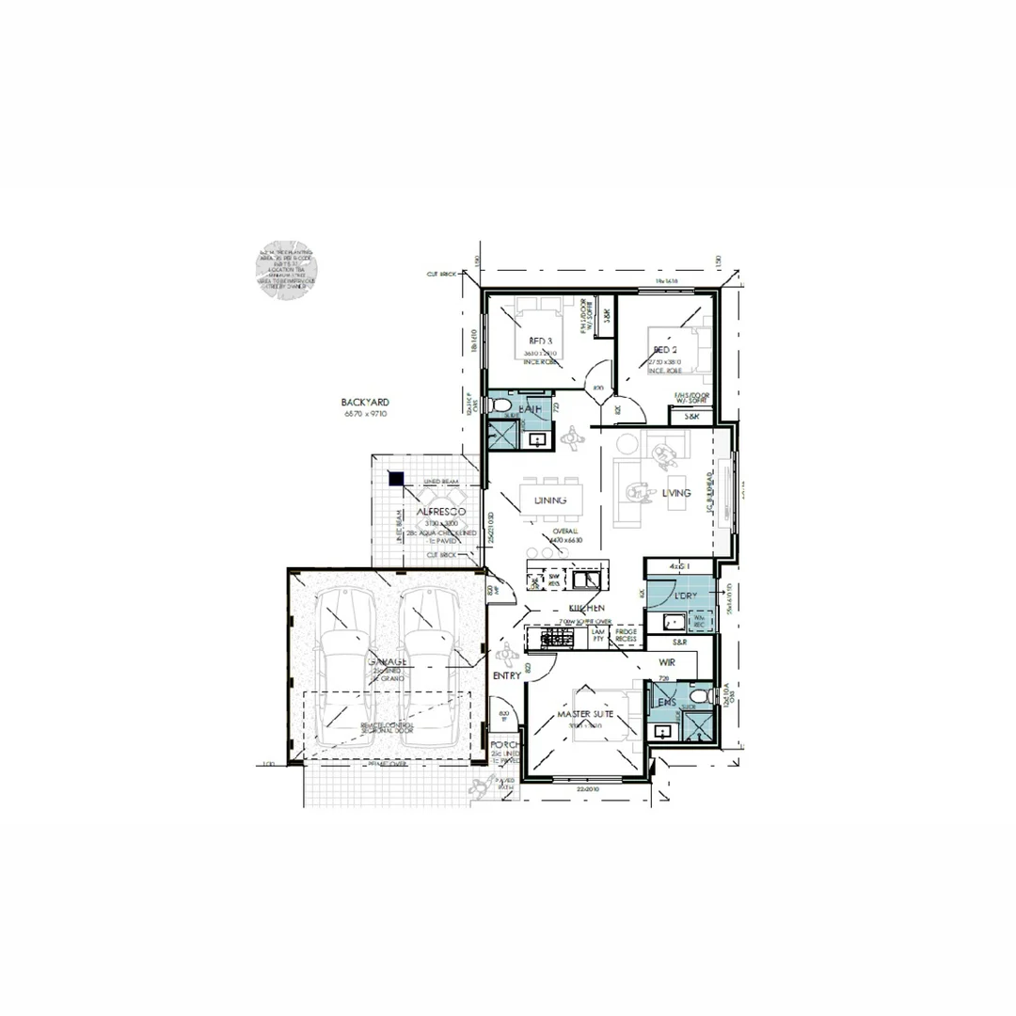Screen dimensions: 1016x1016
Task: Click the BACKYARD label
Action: (x=365, y=402)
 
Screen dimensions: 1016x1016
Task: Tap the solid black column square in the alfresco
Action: (x=397, y=479)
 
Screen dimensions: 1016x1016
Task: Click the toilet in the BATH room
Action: (x=498, y=406)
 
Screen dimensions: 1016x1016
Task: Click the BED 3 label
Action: (x=541, y=341)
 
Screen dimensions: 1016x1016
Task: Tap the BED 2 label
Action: (x=666, y=350)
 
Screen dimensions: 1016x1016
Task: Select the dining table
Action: (x=549, y=500)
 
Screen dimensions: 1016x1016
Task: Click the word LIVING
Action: (x=675, y=493)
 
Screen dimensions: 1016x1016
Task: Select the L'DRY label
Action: (x=685, y=596)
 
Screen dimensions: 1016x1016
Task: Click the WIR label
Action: (x=668, y=662)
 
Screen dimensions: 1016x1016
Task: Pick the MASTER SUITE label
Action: (x=585, y=715)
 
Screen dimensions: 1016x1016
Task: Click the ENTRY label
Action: (x=506, y=675)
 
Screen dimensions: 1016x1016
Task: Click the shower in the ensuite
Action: (x=699, y=727)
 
